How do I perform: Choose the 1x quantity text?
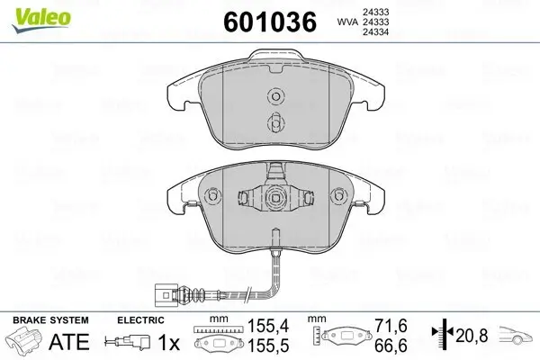pyautogui.click(x=169, y=343)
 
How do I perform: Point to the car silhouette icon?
pyautogui.click(x=517, y=338)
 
